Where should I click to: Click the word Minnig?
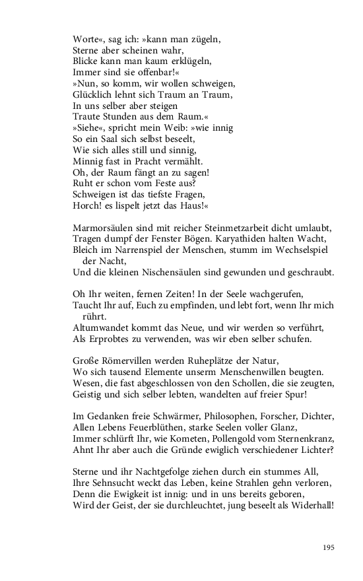tap(87, 162)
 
